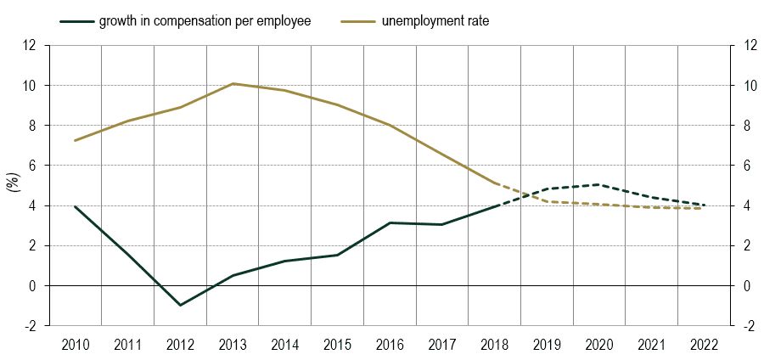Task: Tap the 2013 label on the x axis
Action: click(x=233, y=344)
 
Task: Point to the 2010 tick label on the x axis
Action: click(x=76, y=344)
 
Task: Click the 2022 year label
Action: click(x=704, y=344)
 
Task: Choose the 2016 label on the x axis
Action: click(x=390, y=344)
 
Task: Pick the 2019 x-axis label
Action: click(x=547, y=344)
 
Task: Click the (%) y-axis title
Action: click(x=14, y=185)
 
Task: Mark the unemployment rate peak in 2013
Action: click(x=233, y=83)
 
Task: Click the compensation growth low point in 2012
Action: click(x=180, y=305)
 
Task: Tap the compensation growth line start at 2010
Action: click(x=76, y=206)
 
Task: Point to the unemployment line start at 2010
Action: click(x=76, y=140)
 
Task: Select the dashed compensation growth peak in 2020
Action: click(x=599, y=184)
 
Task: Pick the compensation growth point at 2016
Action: click(x=390, y=222)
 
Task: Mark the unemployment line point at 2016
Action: click(x=390, y=126)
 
